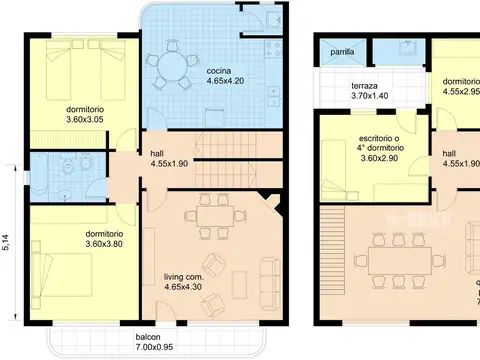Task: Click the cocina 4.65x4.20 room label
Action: [222, 77]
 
